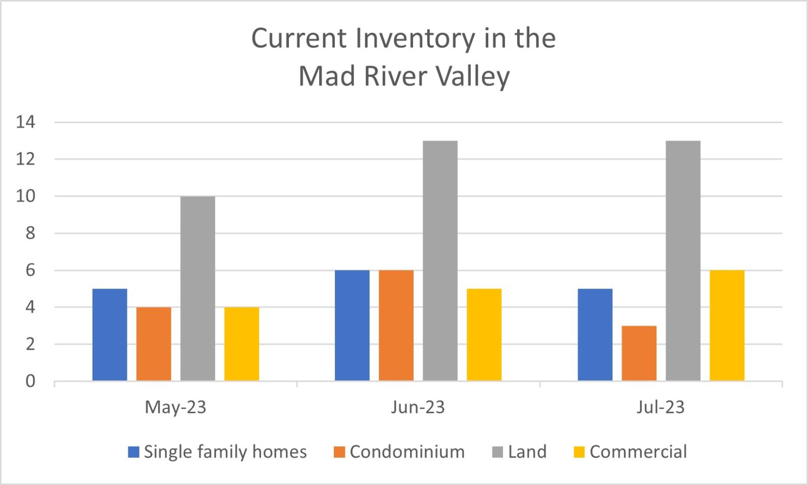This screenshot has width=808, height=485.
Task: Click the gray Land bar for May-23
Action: coord(197,289)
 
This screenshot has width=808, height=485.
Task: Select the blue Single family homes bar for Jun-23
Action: coord(352,325)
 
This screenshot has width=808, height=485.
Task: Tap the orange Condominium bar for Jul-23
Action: coord(639,353)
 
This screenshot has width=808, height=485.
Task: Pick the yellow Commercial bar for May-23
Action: coord(242,344)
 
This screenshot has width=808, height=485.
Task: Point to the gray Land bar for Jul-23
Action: coord(683,261)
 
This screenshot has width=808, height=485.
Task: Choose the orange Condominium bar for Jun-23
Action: coord(396,325)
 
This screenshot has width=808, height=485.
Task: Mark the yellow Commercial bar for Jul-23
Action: coord(727,325)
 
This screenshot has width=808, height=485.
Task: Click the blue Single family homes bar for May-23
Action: coord(110,335)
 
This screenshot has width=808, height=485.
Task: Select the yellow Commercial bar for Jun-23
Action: coord(484,335)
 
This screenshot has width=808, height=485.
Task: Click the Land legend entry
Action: coord(520,452)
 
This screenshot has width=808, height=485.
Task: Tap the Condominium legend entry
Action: coord(399,452)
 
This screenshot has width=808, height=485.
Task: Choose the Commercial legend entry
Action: coord(630,452)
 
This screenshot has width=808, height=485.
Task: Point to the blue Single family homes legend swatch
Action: coord(133,452)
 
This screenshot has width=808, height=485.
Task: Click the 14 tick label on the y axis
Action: coord(26,122)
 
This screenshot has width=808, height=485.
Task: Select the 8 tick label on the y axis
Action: coord(30,233)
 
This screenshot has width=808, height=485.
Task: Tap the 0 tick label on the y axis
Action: coord(30,381)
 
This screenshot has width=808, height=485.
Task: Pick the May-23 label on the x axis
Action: coord(175,408)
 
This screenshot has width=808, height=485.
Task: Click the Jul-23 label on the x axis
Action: coord(661,407)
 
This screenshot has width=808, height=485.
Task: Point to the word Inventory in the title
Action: coord(415,39)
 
